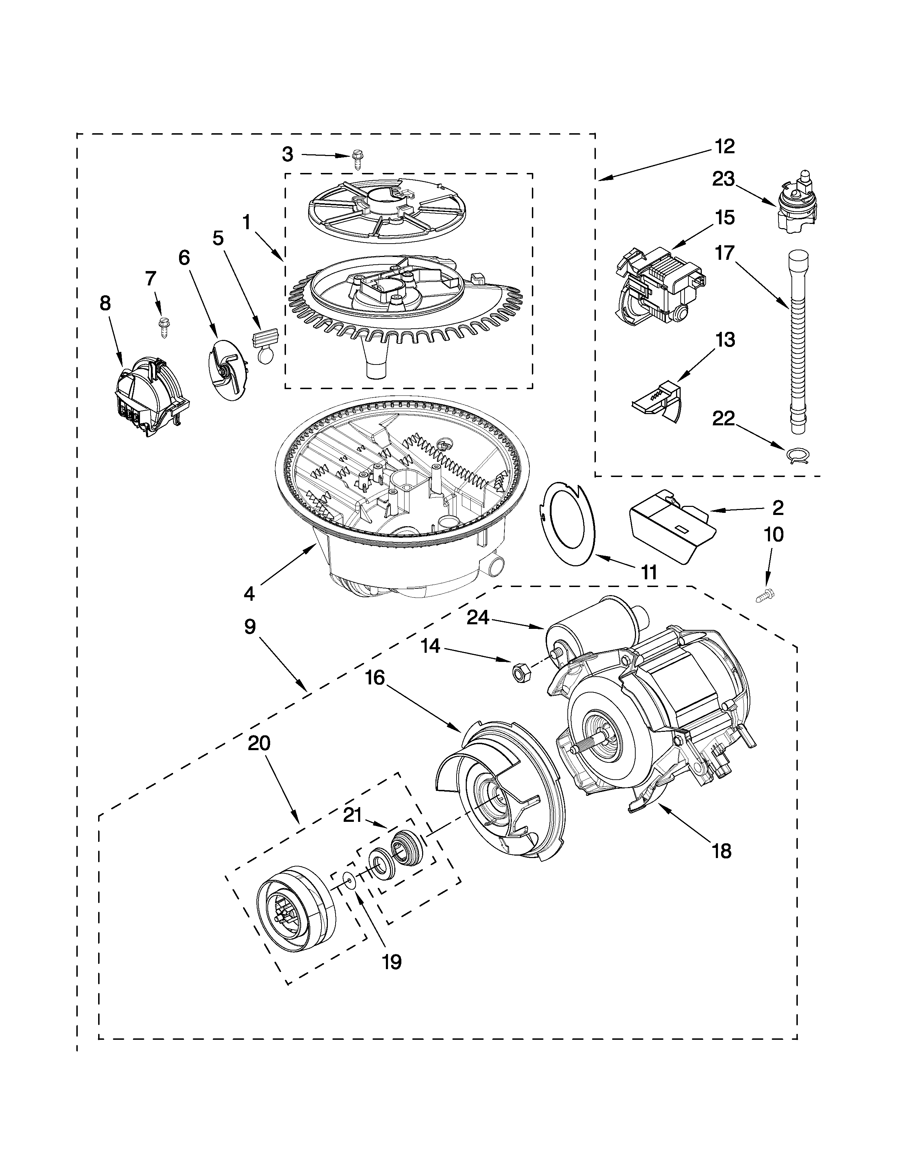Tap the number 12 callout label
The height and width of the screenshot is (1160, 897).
(724, 146)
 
